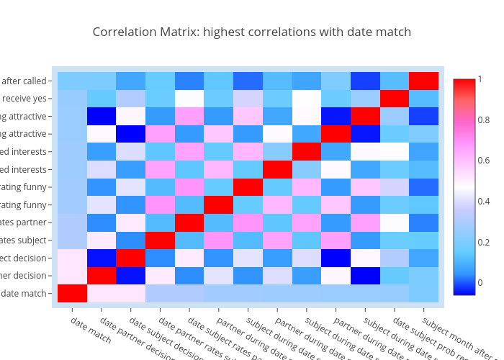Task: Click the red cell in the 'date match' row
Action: click(72, 293)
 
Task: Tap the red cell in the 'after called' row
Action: click(423, 81)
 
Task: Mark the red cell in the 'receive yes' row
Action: click(394, 99)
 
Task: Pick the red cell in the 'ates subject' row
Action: click(160, 240)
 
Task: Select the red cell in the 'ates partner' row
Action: click(189, 222)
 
